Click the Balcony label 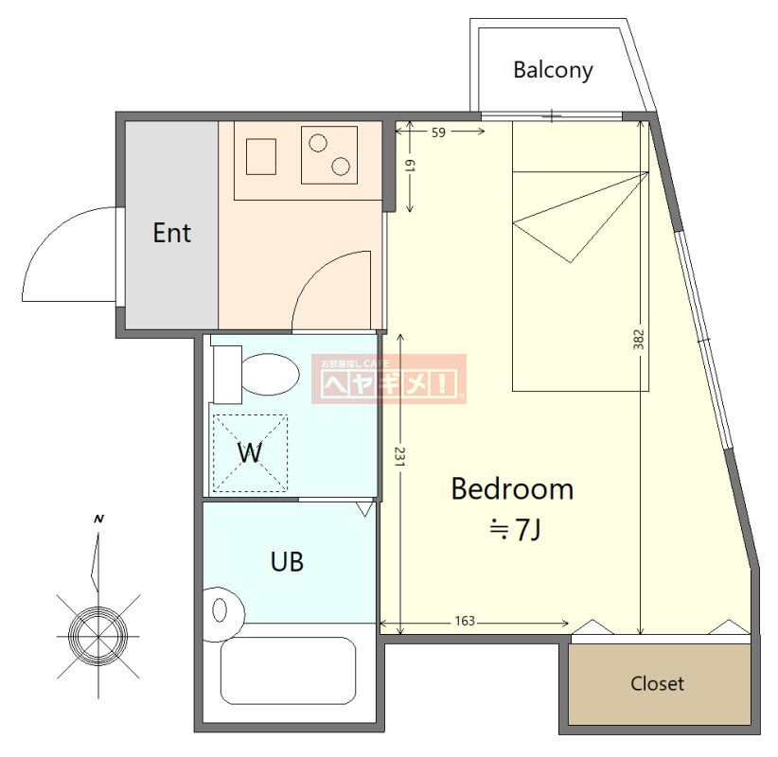coord(553,70)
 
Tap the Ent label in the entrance coord(171,233)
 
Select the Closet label coord(657,683)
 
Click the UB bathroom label coord(287,562)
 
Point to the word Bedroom coord(512,488)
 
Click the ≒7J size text coord(515,529)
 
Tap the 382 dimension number coord(639,340)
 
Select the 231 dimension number coord(400,456)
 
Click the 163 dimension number coord(465,621)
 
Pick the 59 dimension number coord(438,132)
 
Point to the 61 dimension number coord(410,167)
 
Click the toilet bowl coord(271,374)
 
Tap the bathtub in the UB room coord(288,671)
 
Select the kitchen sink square coord(261,157)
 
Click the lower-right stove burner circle coord(341,167)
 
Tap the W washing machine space coord(250,453)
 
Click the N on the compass coord(98,519)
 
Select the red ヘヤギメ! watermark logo coord(389,379)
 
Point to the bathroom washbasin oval coord(220,610)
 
